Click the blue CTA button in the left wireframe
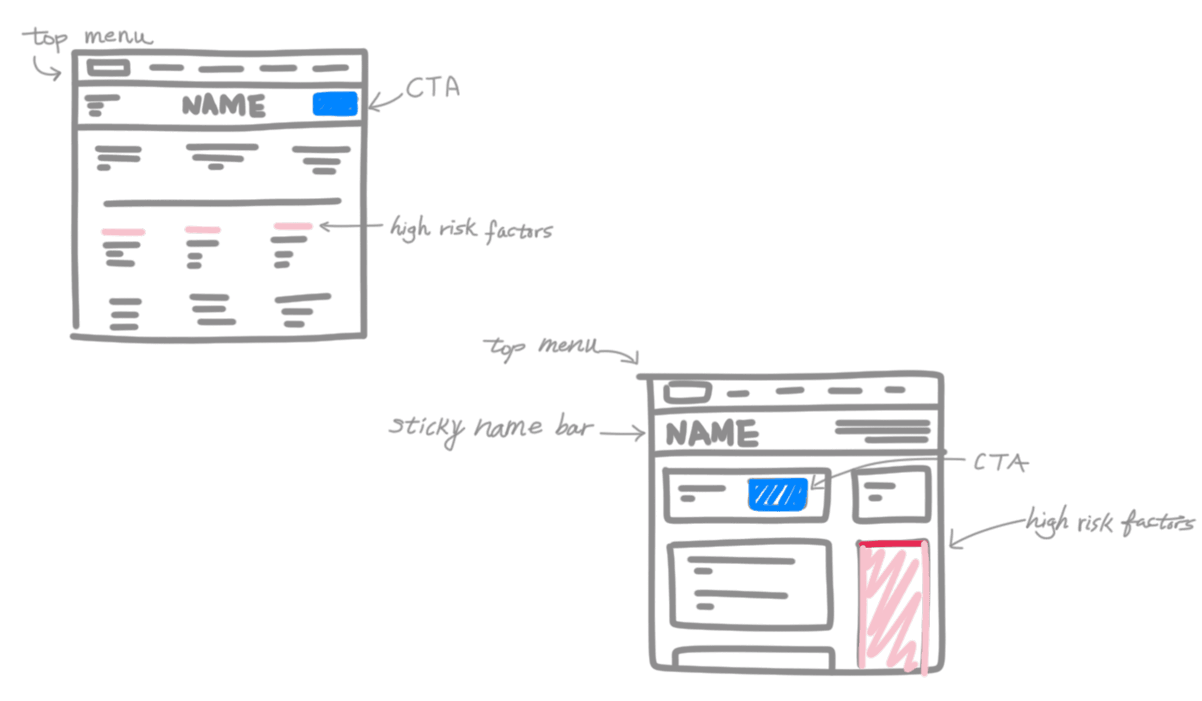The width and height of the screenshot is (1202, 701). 335,104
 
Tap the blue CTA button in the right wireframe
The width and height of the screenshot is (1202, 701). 778,495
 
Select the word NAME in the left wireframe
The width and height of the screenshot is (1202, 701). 223,106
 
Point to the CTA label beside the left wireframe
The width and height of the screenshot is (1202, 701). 432,88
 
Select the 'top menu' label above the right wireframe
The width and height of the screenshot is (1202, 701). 541,347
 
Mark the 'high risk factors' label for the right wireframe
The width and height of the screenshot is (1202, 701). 1109,523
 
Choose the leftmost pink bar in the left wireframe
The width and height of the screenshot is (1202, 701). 123,232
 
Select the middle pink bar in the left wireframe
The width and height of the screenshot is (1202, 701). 203,230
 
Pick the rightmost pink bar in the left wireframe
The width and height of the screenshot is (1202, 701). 293,226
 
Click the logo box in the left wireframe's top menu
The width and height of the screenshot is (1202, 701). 108,68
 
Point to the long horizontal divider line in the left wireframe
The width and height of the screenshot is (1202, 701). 222,202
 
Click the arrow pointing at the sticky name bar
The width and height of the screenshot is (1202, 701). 624,433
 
